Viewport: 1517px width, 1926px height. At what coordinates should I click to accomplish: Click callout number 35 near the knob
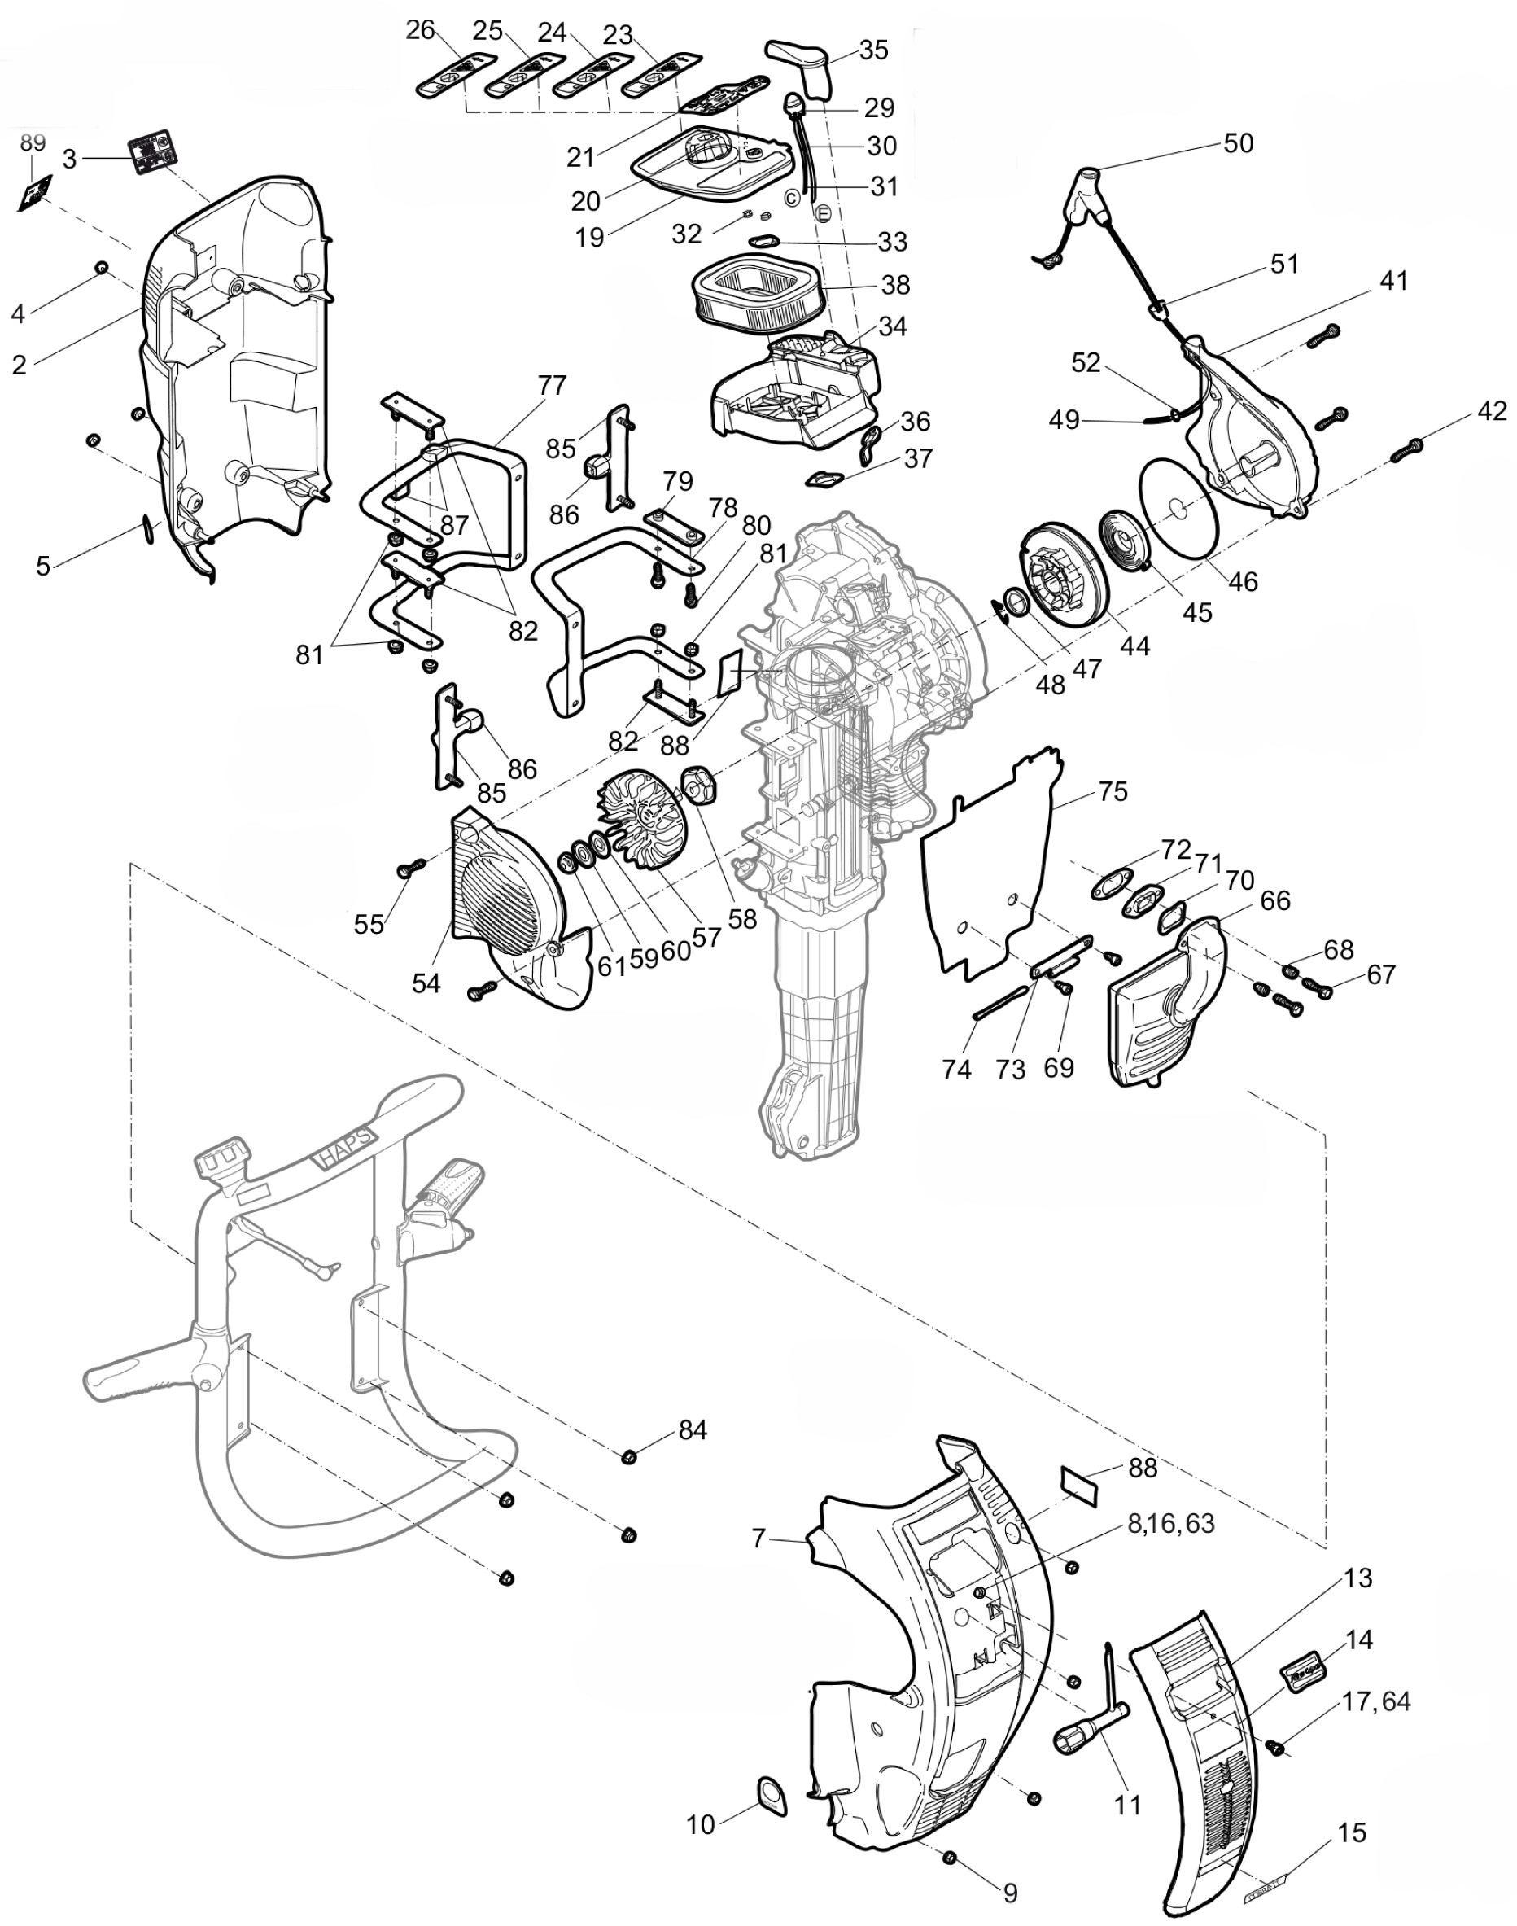click(873, 50)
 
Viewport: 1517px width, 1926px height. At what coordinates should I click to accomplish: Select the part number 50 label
click(1238, 143)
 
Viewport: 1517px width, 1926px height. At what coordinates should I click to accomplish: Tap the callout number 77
click(552, 386)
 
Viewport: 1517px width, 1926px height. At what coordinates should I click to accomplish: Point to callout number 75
click(1113, 790)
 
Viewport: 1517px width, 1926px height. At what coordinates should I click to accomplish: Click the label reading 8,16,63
click(1169, 1524)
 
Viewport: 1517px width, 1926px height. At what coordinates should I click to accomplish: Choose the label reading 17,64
click(1375, 1701)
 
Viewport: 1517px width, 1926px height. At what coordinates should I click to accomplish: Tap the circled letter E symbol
click(821, 213)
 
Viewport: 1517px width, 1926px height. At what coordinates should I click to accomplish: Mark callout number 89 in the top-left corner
click(33, 143)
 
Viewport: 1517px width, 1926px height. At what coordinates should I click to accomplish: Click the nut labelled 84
click(629, 1456)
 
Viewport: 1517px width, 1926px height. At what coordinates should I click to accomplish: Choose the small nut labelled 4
click(101, 267)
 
